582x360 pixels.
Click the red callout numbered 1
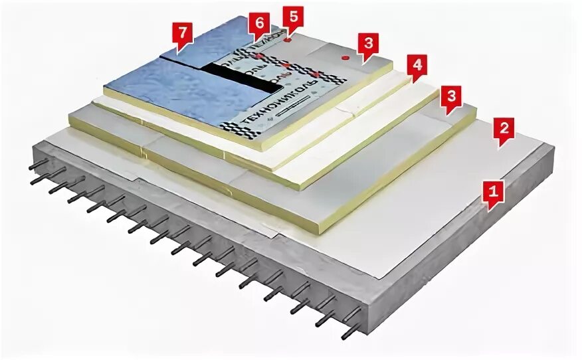tap(492, 193)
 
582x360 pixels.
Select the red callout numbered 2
tap(503, 130)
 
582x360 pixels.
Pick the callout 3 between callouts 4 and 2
tap(451, 98)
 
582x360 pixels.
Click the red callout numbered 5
tap(291, 15)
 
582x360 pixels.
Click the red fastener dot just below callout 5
tap(287, 40)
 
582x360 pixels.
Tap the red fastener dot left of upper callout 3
tap(345, 58)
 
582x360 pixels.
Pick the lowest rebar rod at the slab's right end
tap(351, 331)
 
